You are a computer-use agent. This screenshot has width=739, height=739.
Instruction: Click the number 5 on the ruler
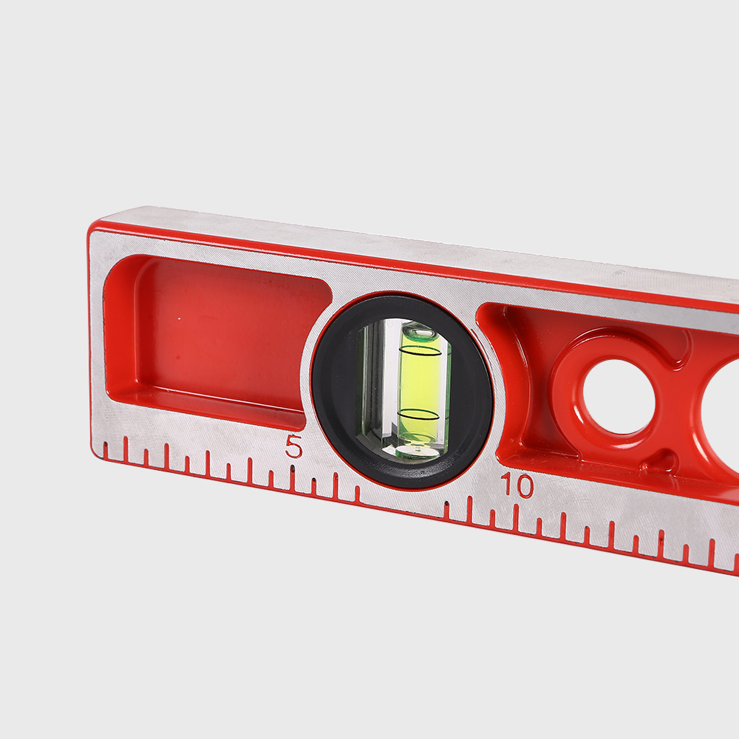293,446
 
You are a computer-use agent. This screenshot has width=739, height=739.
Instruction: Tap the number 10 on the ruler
517,485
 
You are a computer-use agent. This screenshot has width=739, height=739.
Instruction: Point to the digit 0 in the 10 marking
524,486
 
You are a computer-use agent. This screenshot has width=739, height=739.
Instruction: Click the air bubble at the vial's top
421,334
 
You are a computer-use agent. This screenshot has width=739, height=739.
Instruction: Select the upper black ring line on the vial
420,351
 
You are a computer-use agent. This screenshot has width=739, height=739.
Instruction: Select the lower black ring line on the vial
418,415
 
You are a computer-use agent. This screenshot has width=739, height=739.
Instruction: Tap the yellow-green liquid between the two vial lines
420,383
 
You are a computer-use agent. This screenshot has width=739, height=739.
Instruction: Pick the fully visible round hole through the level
619,397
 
